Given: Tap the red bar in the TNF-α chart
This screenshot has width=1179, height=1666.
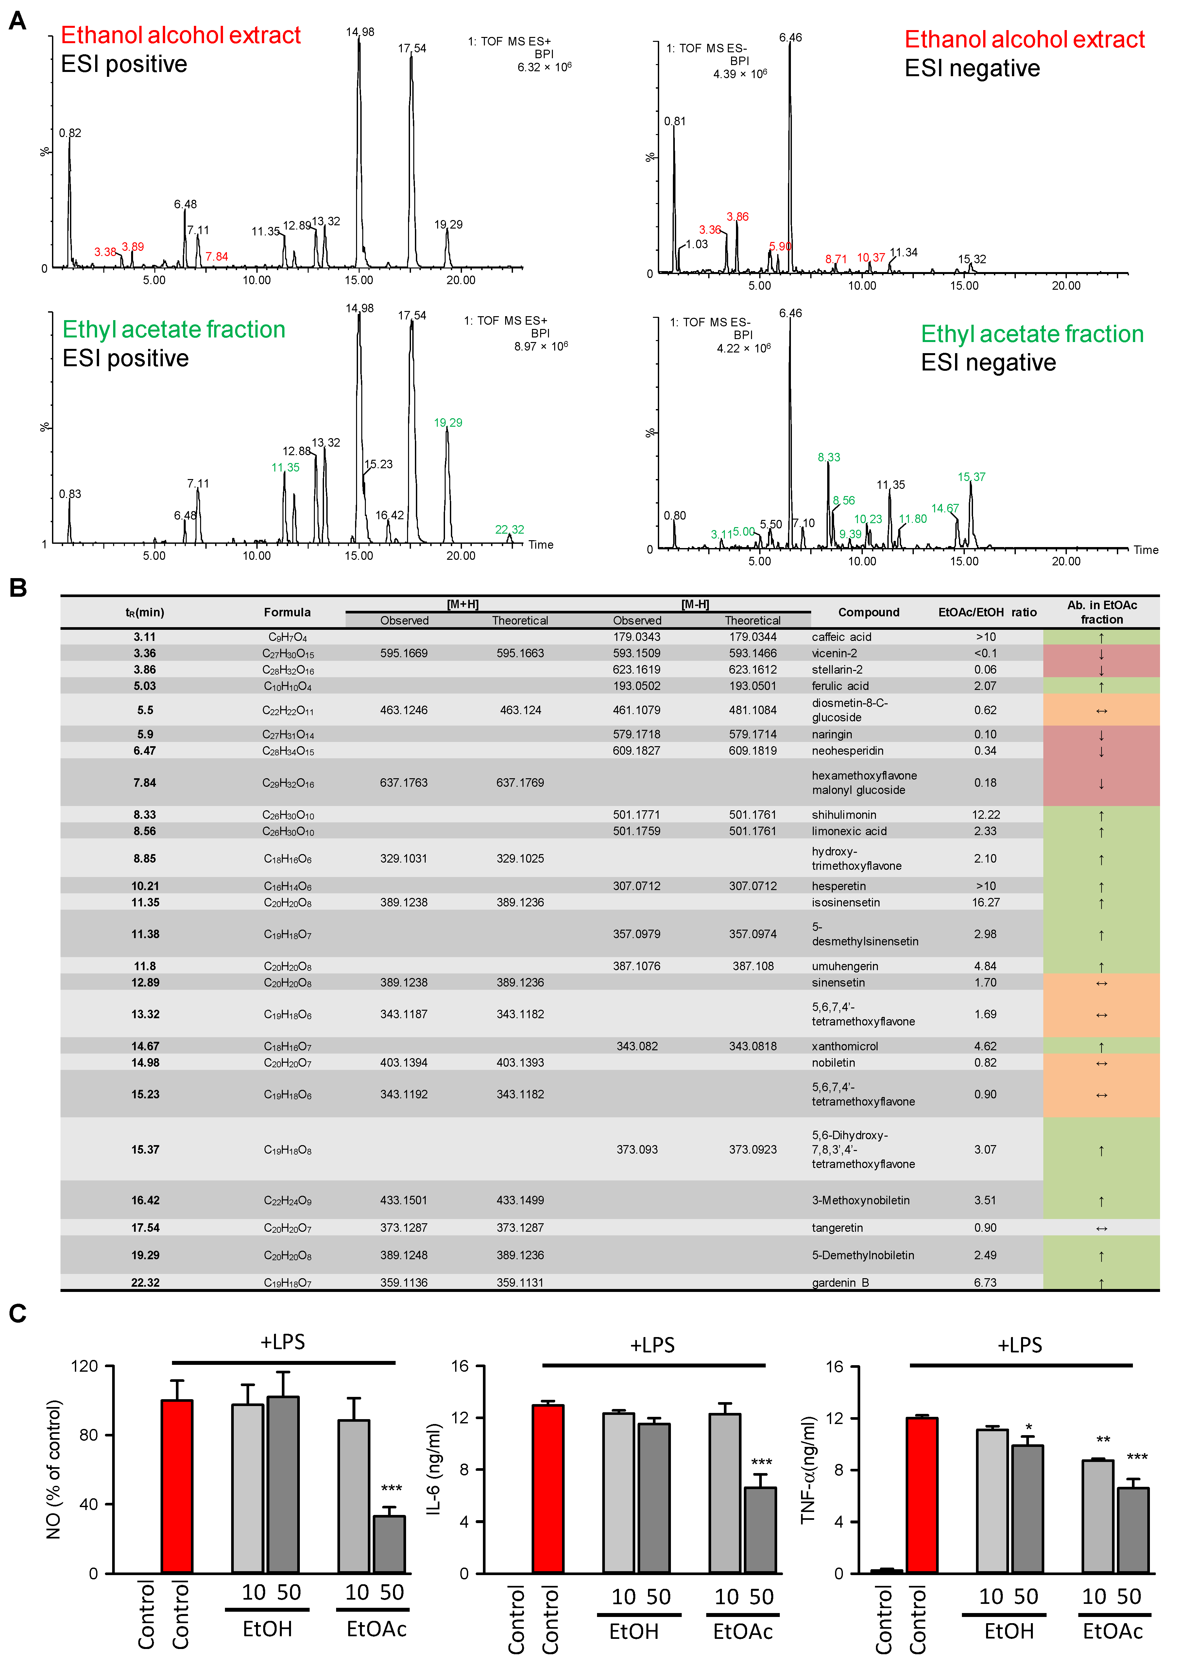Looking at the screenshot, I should coord(921,1495).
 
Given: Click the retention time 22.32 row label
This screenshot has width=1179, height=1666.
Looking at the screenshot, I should coord(145,1283).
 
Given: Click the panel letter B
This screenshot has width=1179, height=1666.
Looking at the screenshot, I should coord(18,588).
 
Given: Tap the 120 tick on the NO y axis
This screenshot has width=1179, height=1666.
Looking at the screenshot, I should coord(84,1366).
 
